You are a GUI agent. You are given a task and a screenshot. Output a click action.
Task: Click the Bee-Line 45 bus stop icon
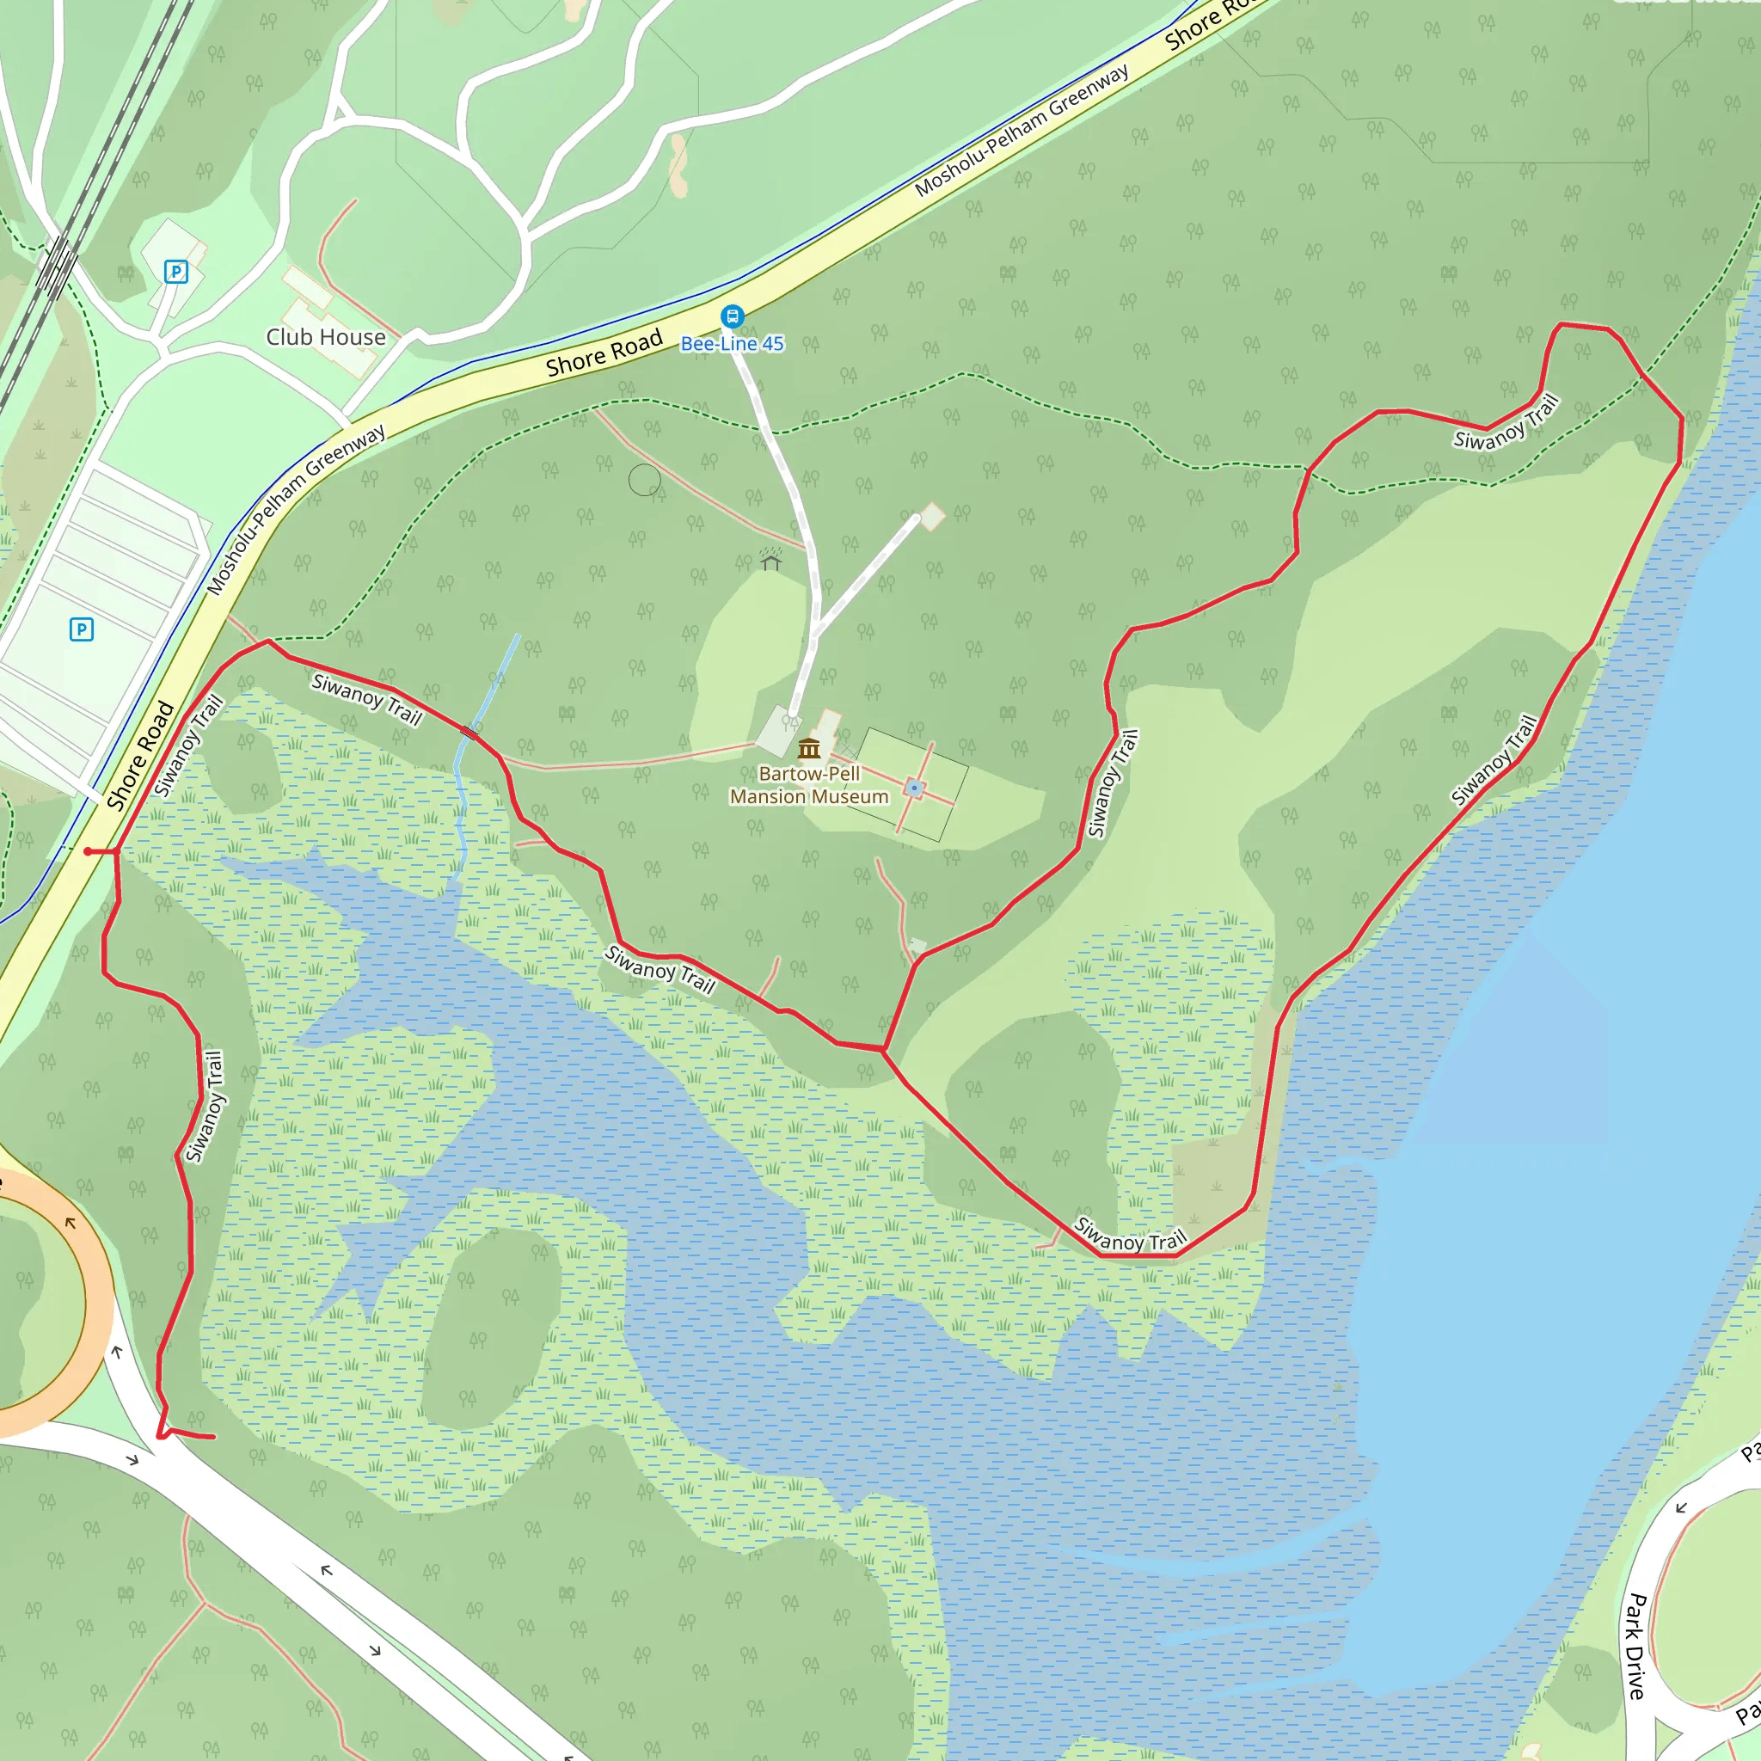(732, 316)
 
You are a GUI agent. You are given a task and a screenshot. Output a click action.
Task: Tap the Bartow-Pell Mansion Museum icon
(808, 749)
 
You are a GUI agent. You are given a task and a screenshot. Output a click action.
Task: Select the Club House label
(325, 337)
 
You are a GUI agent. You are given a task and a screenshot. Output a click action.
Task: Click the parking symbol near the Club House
(176, 271)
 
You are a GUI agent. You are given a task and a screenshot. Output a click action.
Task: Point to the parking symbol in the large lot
(81, 629)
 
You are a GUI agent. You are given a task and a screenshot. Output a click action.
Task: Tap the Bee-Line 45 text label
(732, 344)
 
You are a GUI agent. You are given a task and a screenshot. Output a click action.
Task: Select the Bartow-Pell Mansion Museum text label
(808, 785)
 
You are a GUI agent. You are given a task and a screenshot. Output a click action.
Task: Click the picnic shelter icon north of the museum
(771, 558)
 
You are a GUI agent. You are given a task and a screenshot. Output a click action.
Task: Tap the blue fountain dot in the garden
(914, 788)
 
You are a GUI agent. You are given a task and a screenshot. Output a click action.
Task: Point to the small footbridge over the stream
(470, 731)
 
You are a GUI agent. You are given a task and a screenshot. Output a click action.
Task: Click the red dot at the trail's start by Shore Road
(88, 851)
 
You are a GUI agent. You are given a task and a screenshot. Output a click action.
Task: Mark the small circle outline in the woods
(644, 480)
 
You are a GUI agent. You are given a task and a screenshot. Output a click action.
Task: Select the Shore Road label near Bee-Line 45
(604, 353)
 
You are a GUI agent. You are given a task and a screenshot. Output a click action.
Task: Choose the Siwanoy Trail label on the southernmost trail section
(1130, 1234)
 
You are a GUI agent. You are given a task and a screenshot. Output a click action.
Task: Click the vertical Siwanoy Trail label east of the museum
(1113, 783)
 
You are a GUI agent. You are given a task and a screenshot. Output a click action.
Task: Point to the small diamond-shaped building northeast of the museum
(931, 517)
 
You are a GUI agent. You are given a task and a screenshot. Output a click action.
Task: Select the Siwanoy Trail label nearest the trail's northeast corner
(1506, 422)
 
